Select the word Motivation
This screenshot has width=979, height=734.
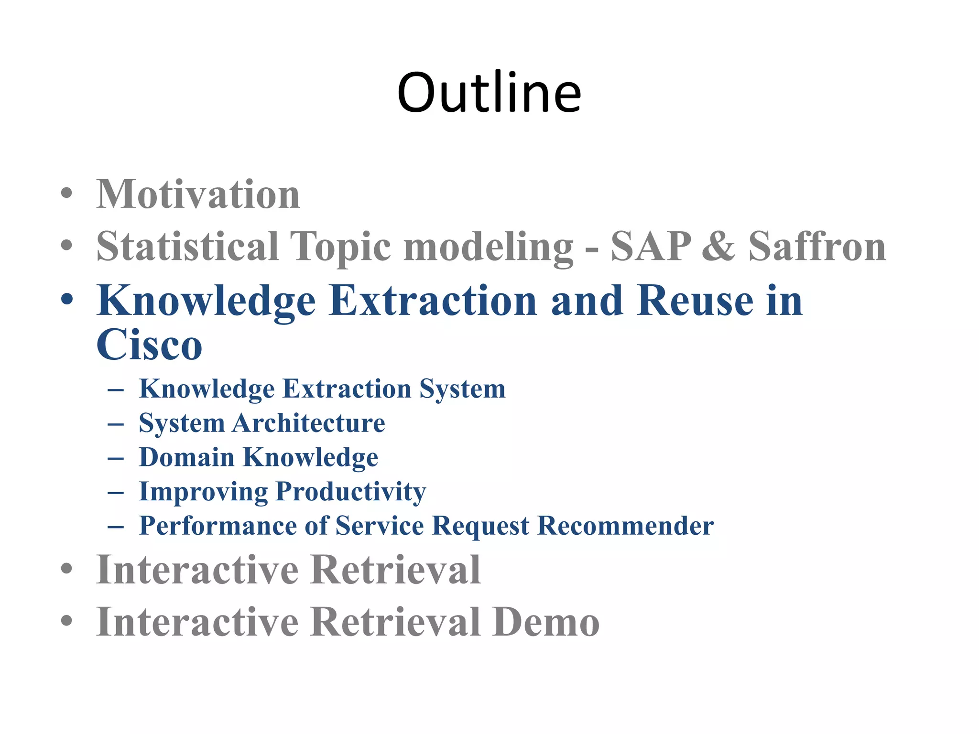[198, 194]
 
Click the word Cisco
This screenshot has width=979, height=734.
[149, 345]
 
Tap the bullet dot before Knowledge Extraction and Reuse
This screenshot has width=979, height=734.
[67, 299]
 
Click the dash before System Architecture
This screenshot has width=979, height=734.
[116, 424]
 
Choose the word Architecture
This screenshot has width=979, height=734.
[309, 423]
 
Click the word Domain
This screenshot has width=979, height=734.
[186, 457]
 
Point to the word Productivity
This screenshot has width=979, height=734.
[351, 492]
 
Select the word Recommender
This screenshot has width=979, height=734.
[625, 526]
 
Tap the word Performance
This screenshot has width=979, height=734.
[218, 526]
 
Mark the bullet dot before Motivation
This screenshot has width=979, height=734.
[67, 194]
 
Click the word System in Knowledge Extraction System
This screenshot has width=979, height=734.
[462, 389]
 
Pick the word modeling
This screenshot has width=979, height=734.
[488, 248]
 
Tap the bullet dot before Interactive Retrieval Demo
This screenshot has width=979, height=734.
[67, 621]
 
